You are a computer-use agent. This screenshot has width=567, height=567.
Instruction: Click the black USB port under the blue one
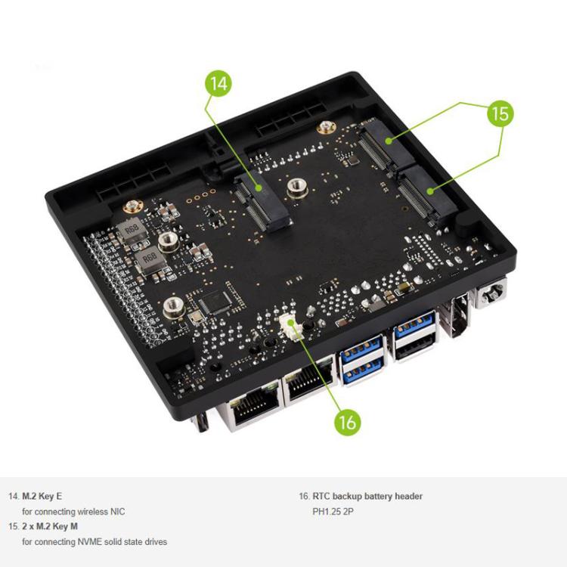(x=414, y=349)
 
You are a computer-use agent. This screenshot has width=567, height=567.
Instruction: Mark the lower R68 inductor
(x=150, y=259)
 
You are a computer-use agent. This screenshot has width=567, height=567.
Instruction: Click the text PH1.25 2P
(x=333, y=512)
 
